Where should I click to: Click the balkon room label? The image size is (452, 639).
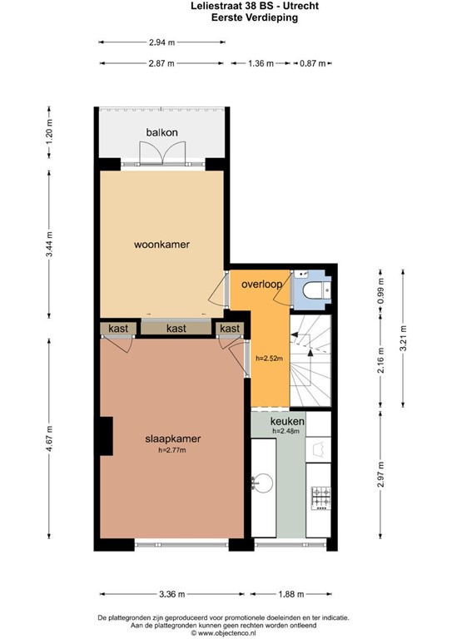click(161, 132)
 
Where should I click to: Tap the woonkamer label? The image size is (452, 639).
click(161, 245)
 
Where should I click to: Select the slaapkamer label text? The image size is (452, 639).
click(173, 439)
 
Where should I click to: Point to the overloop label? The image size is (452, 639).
click(261, 284)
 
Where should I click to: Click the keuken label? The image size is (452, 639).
click(287, 421)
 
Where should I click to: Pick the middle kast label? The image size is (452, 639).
click(176, 328)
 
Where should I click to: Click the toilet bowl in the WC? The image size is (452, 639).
click(313, 290)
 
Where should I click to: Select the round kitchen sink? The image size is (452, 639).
click(262, 483)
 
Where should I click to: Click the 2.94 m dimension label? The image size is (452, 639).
click(161, 42)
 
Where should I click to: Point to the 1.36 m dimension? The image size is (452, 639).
click(261, 63)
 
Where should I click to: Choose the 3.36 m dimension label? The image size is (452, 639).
click(172, 594)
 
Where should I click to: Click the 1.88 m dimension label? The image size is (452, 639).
click(291, 594)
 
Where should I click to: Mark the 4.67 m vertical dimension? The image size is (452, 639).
click(49, 438)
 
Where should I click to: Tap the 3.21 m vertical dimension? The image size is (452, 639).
click(403, 338)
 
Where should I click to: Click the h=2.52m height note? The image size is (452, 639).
click(269, 359)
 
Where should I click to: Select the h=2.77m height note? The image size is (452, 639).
click(172, 450)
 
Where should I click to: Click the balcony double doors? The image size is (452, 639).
click(162, 153)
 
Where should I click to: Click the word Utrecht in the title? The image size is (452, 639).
click(303, 6)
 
